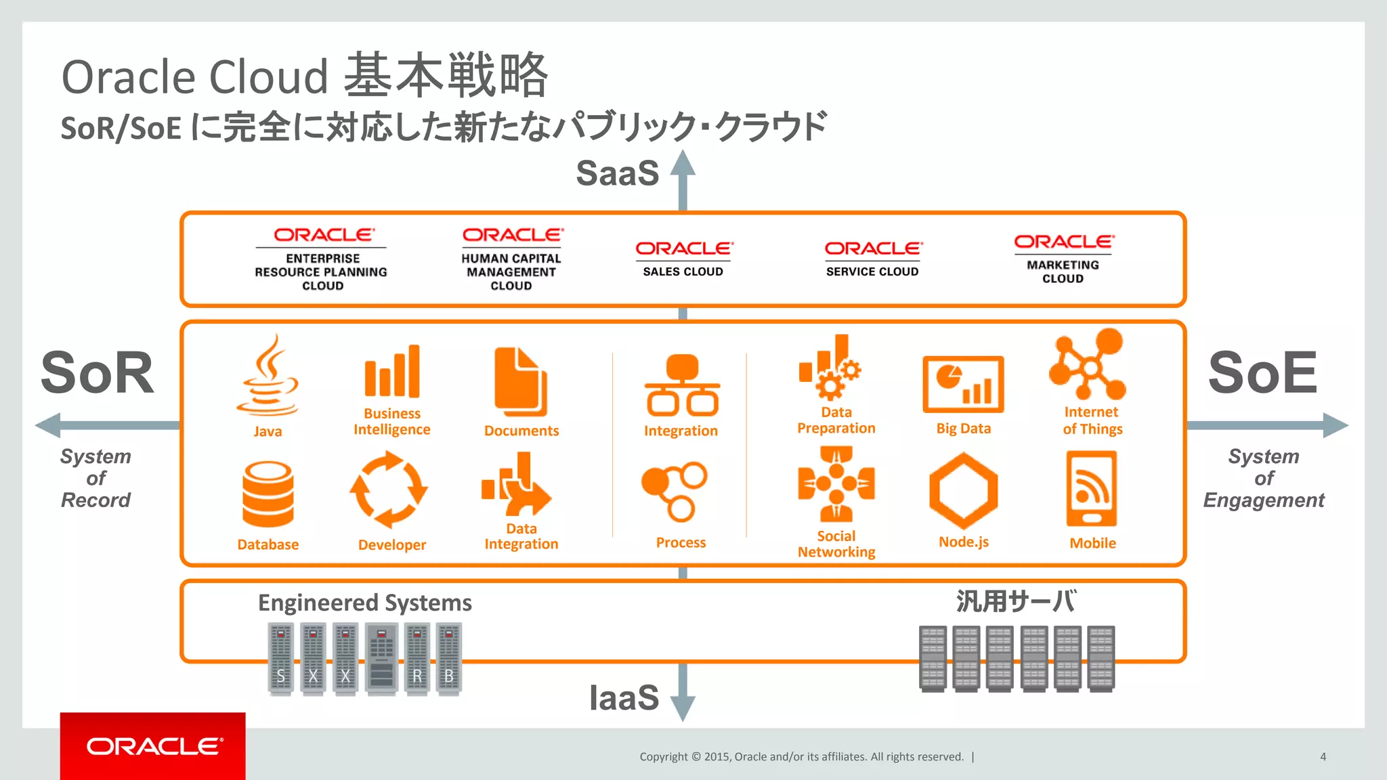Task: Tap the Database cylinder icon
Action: pyautogui.click(x=268, y=494)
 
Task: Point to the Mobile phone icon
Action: pyautogui.click(x=1092, y=489)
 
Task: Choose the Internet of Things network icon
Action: pyautogui.click(x=1088, y=364)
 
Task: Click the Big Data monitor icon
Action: pyautogui.click(x=963, y=384)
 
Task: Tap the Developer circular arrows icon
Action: pyautogui.click(x=389, y=490)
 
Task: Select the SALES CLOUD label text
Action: pyautogui.click(x=683, y=272)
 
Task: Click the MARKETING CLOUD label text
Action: pyautogui.click(x=1063, y=272)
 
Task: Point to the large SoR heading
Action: pyautogui.click(x=98, y=372)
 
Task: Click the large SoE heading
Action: pyautogui.click(x=1262, y=372)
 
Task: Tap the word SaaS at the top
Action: pyautogui.click(x=617, y=173)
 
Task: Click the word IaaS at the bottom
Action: pyautogui.click(x=623, y=697)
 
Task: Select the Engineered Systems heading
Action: pyautogui.click(x=364, y=603)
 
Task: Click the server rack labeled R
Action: pyautogui.click(x=417, y=659)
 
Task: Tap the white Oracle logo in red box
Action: pyautogui.click(x=154, y=746)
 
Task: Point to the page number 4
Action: pyautogui.click(x=1323, y=757)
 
